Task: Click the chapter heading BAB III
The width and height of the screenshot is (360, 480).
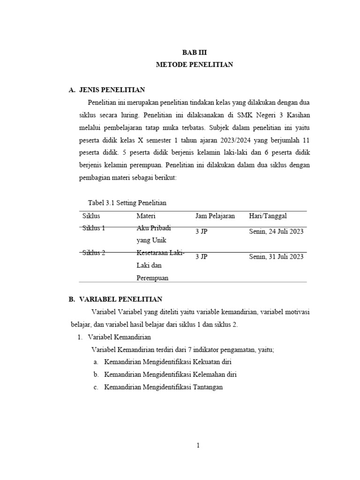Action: tap(194, 52)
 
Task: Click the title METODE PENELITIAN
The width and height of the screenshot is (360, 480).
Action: tap(194, 65)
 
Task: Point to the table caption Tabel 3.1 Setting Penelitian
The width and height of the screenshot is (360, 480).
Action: tap(127, 202)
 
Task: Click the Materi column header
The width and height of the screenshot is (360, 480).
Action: tap(146, 216)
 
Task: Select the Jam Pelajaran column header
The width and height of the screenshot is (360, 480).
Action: tap(215, 216)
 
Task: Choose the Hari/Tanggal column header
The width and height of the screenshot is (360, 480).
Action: tap(268, 216)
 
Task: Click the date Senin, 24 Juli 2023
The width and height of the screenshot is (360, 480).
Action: tap(276, 231)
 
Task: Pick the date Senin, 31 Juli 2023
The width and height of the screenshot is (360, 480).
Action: tap(276, 256)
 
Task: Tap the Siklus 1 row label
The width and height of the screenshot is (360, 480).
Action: tap(94, 228)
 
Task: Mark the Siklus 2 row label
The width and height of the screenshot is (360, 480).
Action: tap(94, 253)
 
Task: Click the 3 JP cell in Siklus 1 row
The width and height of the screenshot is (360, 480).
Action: tap(202, 231)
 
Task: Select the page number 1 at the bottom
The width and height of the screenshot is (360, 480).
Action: tap(198, 445)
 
